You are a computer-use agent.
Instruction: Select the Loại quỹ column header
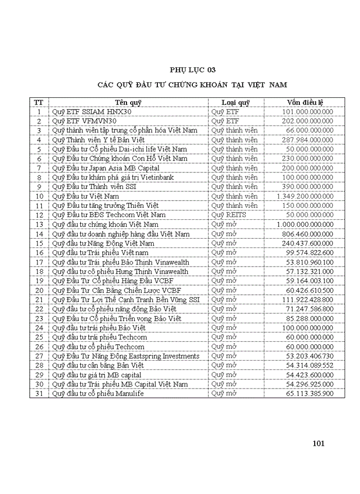pos(236,102)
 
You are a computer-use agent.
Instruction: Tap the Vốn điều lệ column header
pos(305,102)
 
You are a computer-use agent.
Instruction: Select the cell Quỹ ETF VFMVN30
pos(85,121)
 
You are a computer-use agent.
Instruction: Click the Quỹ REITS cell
pos(229,215)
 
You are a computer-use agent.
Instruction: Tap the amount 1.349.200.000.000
pos(304,196)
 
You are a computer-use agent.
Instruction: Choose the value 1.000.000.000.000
pos(304,224)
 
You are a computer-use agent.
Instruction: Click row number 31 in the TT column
pos(39,394)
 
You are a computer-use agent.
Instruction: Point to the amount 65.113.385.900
pos(310,394)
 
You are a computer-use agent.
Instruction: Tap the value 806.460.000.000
pos(308,234)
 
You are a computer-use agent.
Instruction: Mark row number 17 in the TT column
pos(39,262)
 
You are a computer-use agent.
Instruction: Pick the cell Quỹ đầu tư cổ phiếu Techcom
pos(98,347)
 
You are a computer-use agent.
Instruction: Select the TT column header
pos(39,102)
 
